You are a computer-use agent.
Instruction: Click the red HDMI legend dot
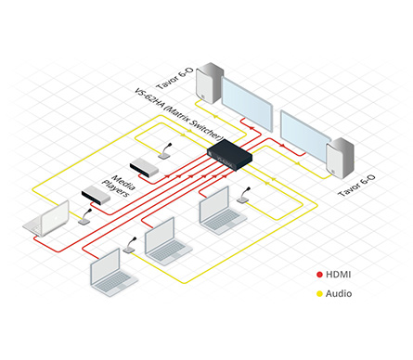pos(319,275)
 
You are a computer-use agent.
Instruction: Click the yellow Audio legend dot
pos(319,294)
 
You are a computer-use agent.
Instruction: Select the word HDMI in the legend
pos(339,275)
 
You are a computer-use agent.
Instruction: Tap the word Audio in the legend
pos(339,293)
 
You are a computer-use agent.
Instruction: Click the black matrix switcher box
pos(229,155)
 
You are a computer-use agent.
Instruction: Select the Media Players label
pos(119,186)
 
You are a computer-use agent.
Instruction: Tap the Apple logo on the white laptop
pos(56,219)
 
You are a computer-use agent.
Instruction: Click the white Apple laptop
pos(46,219)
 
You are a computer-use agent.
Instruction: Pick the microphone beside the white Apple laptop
pos(85,216)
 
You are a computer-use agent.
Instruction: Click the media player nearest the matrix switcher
pos(144,167)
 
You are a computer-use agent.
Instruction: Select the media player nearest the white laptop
pos(96,196)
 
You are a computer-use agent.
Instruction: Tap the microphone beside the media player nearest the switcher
pos(165,151)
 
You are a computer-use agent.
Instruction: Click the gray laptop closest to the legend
pos(222,211)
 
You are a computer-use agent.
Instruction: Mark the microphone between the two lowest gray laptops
pos(130,245)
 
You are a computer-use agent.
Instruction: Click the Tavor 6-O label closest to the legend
pos(356,186)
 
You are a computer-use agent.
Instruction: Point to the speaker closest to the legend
pos(341,159)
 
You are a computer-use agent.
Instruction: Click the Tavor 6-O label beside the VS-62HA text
pos(174,78)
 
